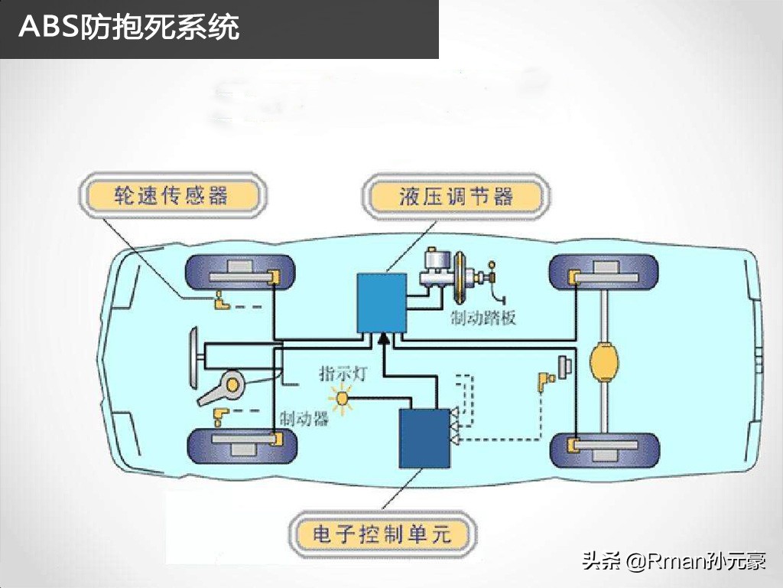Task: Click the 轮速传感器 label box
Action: pos(171,197)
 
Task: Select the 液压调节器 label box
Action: pos(456,197)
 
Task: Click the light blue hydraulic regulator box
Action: pos(382,302)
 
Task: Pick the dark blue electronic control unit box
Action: pos(425,438)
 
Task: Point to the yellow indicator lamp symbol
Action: pos(341,400)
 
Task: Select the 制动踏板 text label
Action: pos(483,316)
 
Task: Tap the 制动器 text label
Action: pos(304,418)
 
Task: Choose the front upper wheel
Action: pos(239,273)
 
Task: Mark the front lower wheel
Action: pos(239,446)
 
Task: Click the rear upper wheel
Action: pos(604,273)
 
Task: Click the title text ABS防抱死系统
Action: pos(129,28)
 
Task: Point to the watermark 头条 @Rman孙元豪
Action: pos(673,562)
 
